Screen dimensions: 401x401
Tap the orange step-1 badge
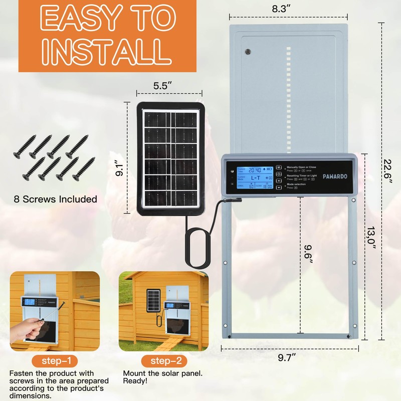(55, 361)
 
